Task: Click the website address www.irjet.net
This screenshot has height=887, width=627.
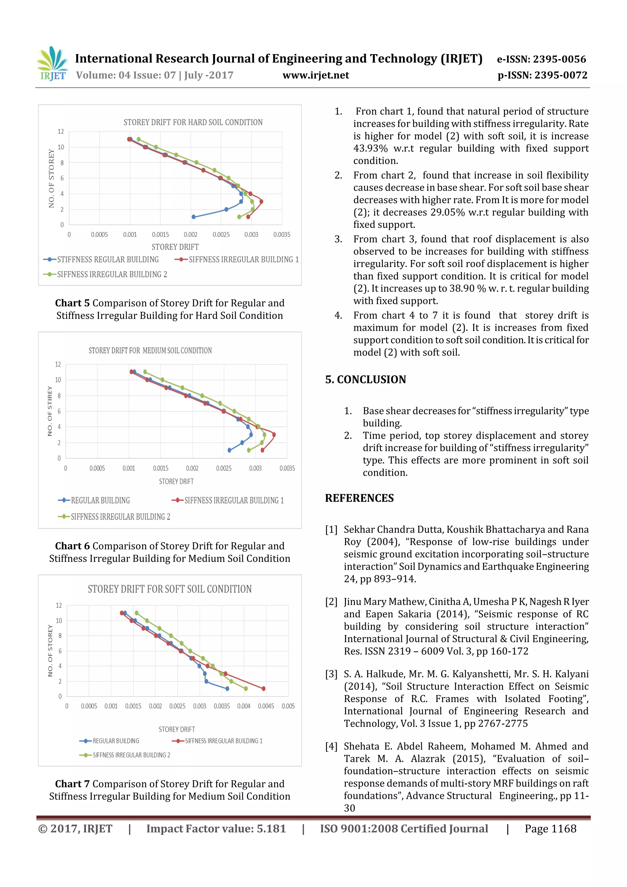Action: click(x=315, y=75)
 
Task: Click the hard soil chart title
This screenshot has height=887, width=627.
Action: click(x=193, y=122)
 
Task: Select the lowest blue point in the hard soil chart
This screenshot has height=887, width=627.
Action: click(x=193, y=217)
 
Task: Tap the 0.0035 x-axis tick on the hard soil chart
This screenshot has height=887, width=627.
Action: click(x=282, y=235)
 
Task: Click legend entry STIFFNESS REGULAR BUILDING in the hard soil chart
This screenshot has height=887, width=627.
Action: click(x=108, y=260)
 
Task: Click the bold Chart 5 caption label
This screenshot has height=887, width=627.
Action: click(x=72, y=303)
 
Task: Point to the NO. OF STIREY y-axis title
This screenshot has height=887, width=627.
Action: click(x=50, y=411)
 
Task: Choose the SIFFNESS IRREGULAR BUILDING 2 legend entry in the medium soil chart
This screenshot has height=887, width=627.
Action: click(x=120, y=517)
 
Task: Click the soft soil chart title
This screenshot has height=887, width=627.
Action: click(x=170, y=589)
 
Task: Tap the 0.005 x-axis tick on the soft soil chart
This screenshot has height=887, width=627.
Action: click(x=288, y=706)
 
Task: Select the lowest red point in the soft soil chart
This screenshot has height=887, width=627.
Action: click(x=264, y=688)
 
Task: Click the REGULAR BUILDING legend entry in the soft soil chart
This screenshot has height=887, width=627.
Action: click(x=115, y=741)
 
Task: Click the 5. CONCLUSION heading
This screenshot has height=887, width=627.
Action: click(x=366, y=379)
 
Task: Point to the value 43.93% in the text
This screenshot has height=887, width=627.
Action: click(x=370, y=148)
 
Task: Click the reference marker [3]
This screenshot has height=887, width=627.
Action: click(x=331, y=674)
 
